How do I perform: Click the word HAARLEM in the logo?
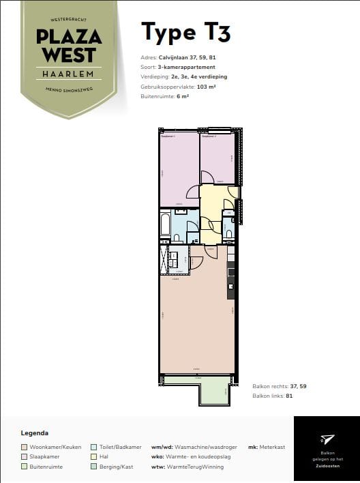tap(69, 73)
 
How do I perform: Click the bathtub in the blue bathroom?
tap(164, 226)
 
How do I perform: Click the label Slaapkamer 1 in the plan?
tap(168, 136)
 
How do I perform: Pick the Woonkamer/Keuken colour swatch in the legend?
tap(25, 448)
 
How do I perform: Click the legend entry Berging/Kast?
tap(117, 467)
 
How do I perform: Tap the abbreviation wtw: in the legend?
tap(157, 467)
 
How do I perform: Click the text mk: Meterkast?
tap(267, 448)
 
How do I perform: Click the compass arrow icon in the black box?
tap(327, 439)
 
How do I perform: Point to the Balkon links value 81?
tap(289, 396)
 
